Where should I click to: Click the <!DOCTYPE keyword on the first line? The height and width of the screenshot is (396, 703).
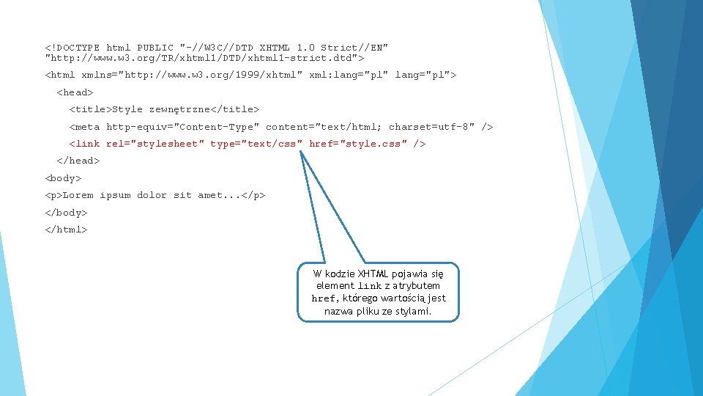[72, 48]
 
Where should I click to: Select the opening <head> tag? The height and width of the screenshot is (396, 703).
[75, 92]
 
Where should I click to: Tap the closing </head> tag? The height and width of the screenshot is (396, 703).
[78, 161]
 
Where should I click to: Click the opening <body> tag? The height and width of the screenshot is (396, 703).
[63, 178]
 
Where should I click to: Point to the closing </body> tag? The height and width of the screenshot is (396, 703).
[66, 213]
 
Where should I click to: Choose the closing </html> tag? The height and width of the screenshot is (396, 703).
[66, 230]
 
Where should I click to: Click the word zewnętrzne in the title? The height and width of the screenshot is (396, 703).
[179, 109]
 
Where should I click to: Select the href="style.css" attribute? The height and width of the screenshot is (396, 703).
[358, 144]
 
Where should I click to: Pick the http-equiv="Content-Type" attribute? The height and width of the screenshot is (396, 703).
[183, 127]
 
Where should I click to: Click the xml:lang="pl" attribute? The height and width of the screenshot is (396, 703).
[349, 75]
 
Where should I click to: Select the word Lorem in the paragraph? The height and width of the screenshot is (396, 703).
[78, 195]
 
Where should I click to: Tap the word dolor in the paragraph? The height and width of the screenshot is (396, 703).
[152, 195]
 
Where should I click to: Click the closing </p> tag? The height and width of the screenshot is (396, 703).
[253, 195]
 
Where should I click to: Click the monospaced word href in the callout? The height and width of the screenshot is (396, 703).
[324, 298]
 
